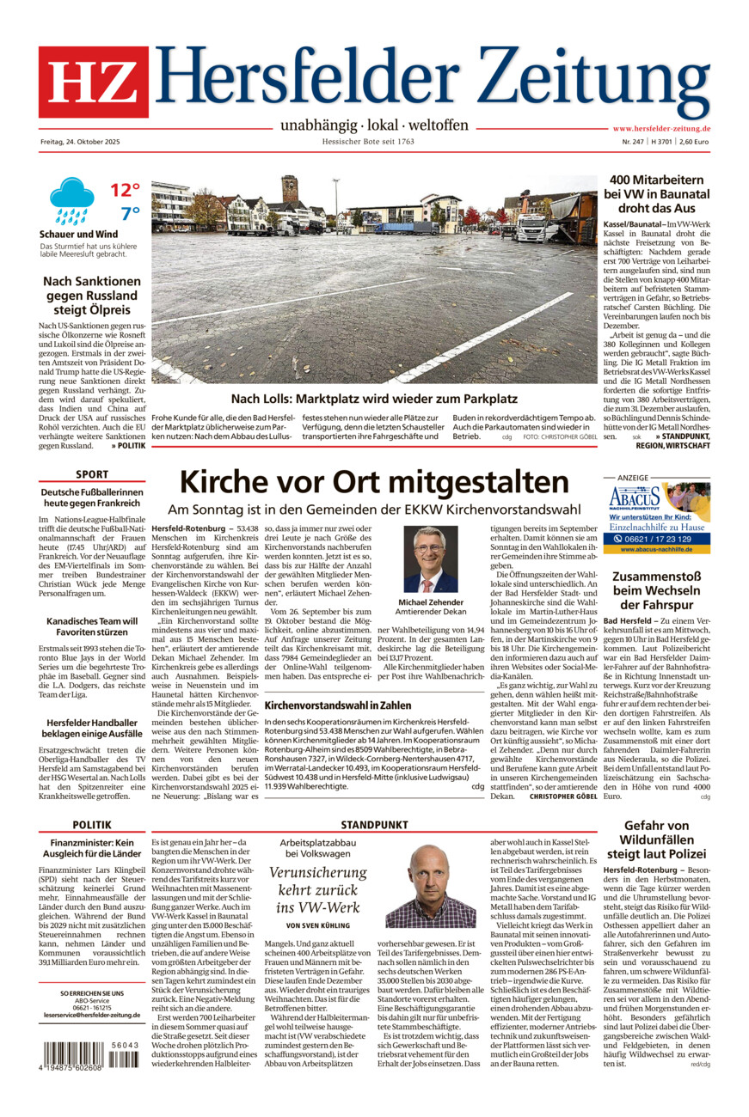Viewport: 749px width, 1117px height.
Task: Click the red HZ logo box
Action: coord(93,82)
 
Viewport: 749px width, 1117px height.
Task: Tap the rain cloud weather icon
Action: coord(71,200)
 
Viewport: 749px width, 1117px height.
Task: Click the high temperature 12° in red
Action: coord(124,190)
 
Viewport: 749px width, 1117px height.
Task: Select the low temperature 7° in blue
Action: coord(130,214)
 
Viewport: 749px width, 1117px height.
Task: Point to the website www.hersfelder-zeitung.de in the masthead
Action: coord(661,128)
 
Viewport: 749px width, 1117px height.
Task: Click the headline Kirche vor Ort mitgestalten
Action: coord(374,480)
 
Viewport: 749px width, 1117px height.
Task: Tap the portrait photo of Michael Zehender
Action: coord(431,559)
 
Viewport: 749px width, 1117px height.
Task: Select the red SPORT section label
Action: coord(92,474)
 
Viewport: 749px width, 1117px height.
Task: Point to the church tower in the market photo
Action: coord(290,189)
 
